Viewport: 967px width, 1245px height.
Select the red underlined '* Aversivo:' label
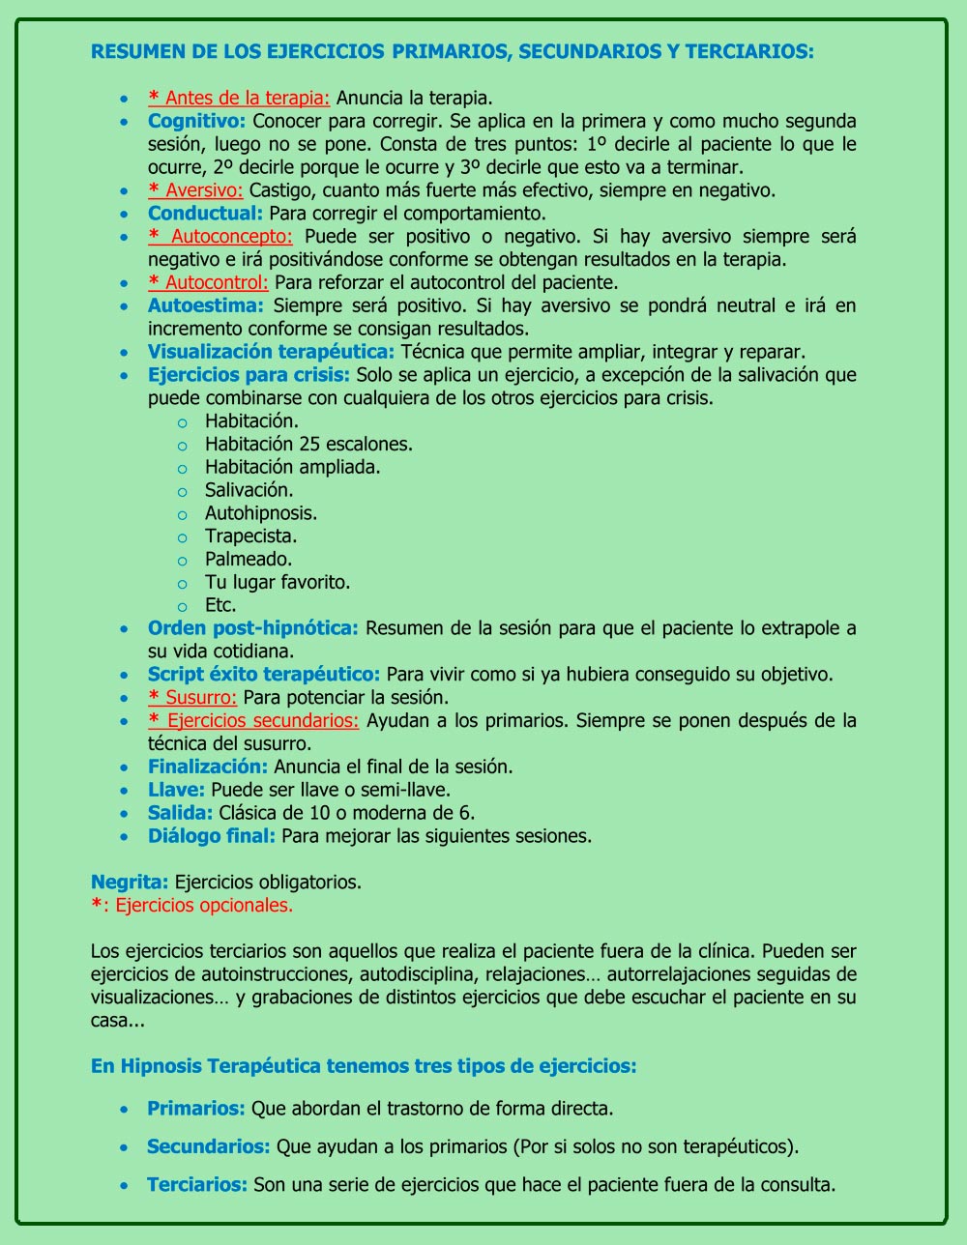click(x=195, y=190)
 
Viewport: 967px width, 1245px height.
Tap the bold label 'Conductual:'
click(x=205, y=213)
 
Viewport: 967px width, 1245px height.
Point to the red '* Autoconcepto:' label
click(x=220, y=236)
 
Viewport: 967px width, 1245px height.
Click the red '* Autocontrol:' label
click(x=208, y=282)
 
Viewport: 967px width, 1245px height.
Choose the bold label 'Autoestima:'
click(x=206, y=305)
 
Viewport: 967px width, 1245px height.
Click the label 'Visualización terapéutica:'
click(x=271, y=352)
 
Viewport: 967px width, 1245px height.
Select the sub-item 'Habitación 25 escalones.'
click(x=308, y=444)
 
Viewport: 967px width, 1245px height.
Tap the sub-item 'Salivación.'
click(x=249, y=490)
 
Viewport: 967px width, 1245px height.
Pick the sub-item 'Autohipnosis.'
click(x=261, y=513)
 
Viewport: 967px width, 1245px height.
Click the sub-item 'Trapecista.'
click(x=250, y=536)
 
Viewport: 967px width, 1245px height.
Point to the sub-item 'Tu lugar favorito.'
click(x=278, y=582)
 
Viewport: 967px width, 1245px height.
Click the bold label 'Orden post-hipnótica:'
click(x=252, y=628)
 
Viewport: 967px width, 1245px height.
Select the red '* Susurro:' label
click(x=192, y=697)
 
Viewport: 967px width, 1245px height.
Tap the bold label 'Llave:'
click(x=176, y=790)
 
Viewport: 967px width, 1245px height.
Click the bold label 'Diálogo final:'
click(x=212, y=836)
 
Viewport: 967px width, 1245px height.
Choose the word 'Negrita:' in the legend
click(x=130, y=882)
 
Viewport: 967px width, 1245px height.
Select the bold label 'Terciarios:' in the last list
click(x=197, y=1185)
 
